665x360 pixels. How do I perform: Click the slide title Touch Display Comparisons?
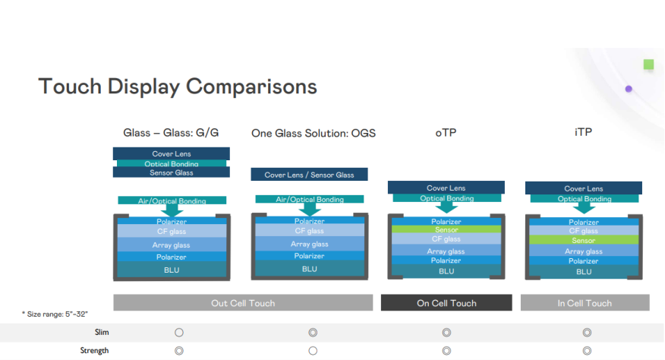pyautogui.click(x=177, y=86)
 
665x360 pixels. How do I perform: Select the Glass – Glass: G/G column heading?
pyautogui.click(x=171, y=132)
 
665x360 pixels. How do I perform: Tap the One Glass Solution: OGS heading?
pyautogui.click(x=314, y=133)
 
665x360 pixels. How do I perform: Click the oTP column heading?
pyautogui.click(x=446, y=132)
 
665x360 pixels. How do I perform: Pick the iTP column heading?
pyautogui.click(x=584, y=132)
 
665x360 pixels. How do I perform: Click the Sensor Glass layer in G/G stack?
pyautogui.click(x=172, y=172)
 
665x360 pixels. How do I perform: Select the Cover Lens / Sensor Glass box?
pyautogui.click(x=309, y=175)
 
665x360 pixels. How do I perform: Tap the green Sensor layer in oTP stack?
pyautogui.click(x=446, y=229)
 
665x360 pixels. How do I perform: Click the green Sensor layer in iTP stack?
pyautogui.click(x=584, y=240)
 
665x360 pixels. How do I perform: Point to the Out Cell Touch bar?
pyautogui.click(x=243, y=303)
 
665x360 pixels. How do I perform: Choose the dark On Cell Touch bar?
pyautogui.click(x=446, y=303)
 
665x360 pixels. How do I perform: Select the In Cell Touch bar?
pyautogui.click(x=585, y=303)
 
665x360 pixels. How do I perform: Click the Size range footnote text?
pyautogui.click(x=55, y=314)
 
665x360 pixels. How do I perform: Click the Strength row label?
pyautogui.click(x=94, y=351)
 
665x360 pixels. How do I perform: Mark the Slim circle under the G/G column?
pyautogui.click(x=179, y=333)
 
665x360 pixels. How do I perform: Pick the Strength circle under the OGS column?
pyautogui.click(x=313, y=351)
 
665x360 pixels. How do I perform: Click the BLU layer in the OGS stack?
pyautogui.click(x=309, y=269)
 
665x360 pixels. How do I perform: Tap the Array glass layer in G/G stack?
pyautogui.click(x=172, y=245)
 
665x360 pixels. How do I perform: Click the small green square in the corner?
pyautogui.click(x=648, y=65)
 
